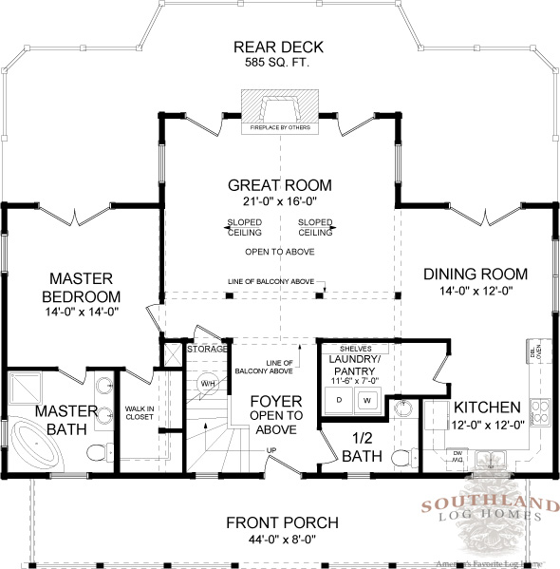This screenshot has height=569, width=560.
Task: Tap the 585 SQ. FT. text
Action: pyautogui.click(x=280, y=63)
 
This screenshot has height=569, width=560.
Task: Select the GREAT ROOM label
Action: pyautogui.click(x=279, y=184)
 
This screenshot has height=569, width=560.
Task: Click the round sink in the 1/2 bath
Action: pyautogui.click(x=402, y=409)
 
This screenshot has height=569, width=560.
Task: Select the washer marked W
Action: pyautogui.click(x=365, y=400)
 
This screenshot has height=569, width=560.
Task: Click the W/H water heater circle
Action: pyautogui.click(x=208, y=384)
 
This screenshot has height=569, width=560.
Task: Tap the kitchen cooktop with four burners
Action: pyautogui.click(x=540, y=411)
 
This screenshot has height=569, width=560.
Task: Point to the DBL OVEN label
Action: pyautogui.click(x=537, y=353)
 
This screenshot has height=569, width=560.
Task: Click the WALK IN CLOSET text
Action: pyautogui.click(x=139, y=412)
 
